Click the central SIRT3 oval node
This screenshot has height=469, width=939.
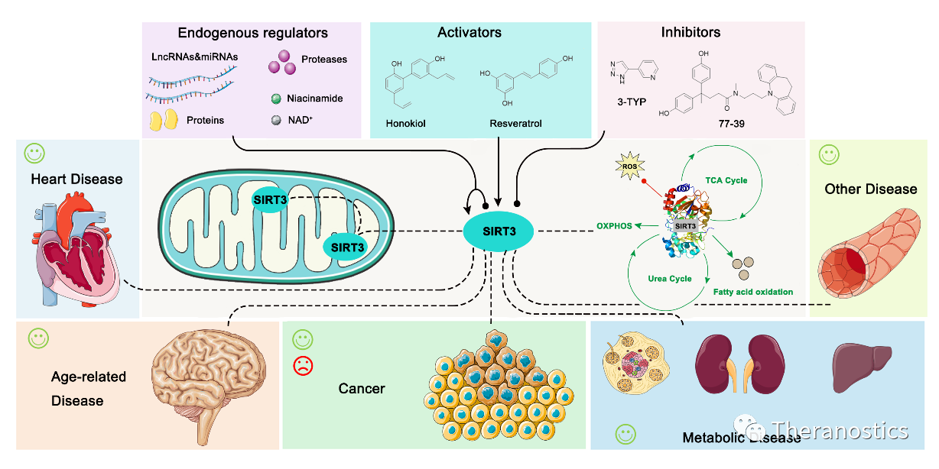tap(498, 231)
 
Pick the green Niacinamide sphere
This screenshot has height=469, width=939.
tap(277, 99)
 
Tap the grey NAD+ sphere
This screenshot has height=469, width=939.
tap(277, 121)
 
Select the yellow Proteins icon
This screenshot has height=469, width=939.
tap(163, 121)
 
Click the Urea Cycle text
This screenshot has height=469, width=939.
tap(670, 279)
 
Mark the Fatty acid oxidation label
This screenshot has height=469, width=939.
tap(752, 292)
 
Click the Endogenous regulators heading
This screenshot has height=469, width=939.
tap(252, 33)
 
